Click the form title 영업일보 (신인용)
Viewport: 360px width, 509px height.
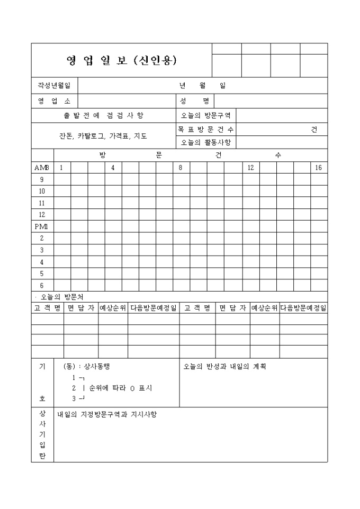click(x=121, y=60)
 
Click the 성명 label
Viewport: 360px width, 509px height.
click(x=194, y=101)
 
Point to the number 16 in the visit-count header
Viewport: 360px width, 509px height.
click(x=319, y=168)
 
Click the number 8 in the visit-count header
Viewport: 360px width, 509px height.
click(x=181, y=168)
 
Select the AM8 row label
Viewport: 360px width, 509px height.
click(x=42, y=168)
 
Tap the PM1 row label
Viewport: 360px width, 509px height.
click(x=42, y=226)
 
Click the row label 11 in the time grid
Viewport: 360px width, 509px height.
click(x=42, y=203)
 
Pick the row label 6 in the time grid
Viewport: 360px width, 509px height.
click(x=42, y=286)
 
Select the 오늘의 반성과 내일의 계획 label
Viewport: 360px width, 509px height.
click(x=224, y=366)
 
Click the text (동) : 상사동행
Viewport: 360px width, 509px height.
click(x=86, y=366)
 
